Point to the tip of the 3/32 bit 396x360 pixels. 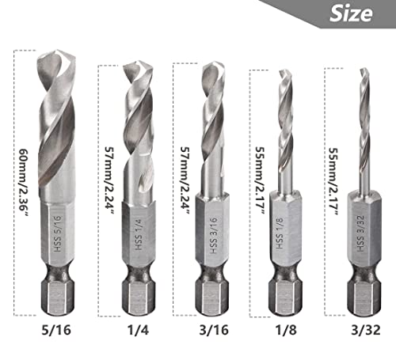[364, 70]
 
